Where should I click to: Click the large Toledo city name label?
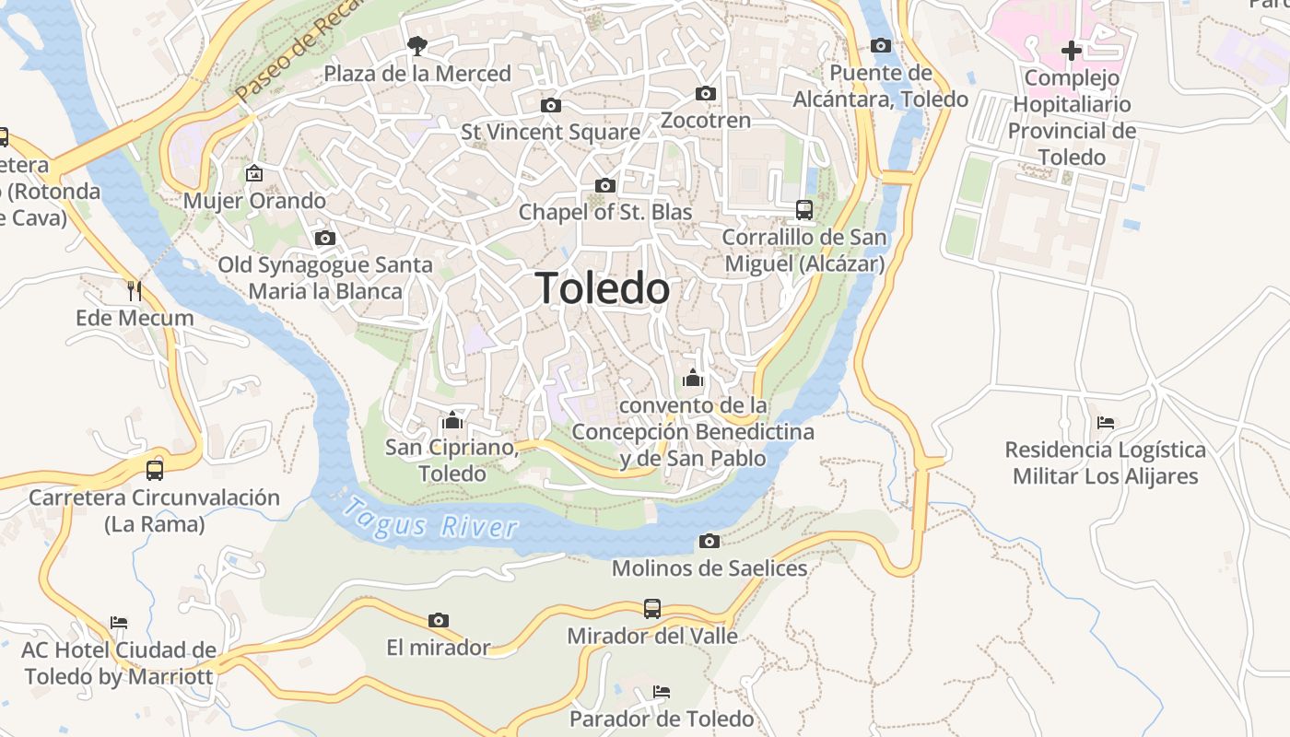pyautogui.click(x=603, y=288)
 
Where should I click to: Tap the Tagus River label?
pyautogui.click(x=430, y=520)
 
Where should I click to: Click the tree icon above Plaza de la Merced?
pyautogui.click(x=417, y=45)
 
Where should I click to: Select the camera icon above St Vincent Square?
pyautogui.click(x=550, y=105)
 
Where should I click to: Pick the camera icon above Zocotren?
pyautogui.click(x=706, y=93)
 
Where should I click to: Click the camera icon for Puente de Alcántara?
pyautogui.click(x=880, y=45)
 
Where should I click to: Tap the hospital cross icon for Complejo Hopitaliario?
pyautogui.click(x=1071, y=51)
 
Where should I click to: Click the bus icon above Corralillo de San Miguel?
pyautogui.click(x=804, y=210)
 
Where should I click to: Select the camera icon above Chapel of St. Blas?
pyautogui.click(x=604, y=185)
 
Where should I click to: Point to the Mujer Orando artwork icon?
pyautogui.click(x=254, y=173)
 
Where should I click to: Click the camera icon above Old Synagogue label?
pyautogui.click(x=324, y=238)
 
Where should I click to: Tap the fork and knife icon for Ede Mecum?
pyautogui.click(x=135, y=291)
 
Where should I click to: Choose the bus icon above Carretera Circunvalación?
pyautogui.click(x=155, y=470)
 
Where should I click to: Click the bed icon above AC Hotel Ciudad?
pyautogui.click(x=119, y=623)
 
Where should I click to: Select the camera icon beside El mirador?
pyautogui.click(x=439, y=620)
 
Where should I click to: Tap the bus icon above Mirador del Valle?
pyautogui.click(x=652, y=608)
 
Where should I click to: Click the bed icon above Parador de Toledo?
pyautogui.click(x=661, y=691)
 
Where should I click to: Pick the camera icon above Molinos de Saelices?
pyautogui.click(x=709, y=541)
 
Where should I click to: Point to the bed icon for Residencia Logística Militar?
pyautogui.click(x=1106, y=423)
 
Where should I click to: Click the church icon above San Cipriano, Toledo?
pyautogui.click(x=451, y=420)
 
